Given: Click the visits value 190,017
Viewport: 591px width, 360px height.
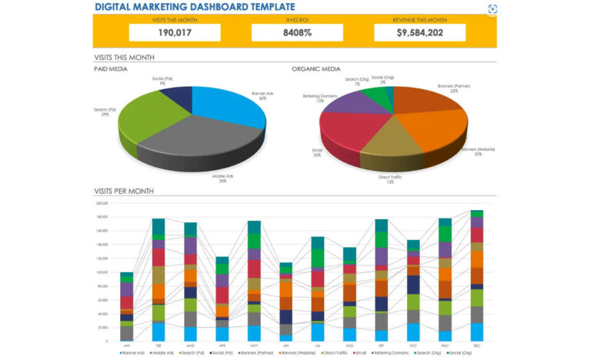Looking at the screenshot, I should (175, 32).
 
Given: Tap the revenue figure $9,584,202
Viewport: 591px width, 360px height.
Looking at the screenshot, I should (419, 32).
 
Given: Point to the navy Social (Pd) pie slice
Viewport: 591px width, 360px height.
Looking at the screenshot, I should (179, 95).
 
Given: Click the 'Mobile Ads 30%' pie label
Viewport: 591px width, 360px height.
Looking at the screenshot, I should (225, 178).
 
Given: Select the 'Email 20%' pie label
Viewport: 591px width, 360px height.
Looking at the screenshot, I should (317, 153).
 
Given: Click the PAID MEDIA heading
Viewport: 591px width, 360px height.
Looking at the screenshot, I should (110, 69).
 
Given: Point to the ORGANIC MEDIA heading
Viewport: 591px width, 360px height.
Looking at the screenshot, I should (316, 69).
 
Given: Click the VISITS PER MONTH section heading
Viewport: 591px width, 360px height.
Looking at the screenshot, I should (123, 191).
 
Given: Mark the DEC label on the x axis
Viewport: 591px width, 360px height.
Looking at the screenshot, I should (477, 345).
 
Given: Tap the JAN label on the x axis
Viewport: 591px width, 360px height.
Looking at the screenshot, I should (126, 345).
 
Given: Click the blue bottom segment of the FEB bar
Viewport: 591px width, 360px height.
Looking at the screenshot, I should (159, 332).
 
